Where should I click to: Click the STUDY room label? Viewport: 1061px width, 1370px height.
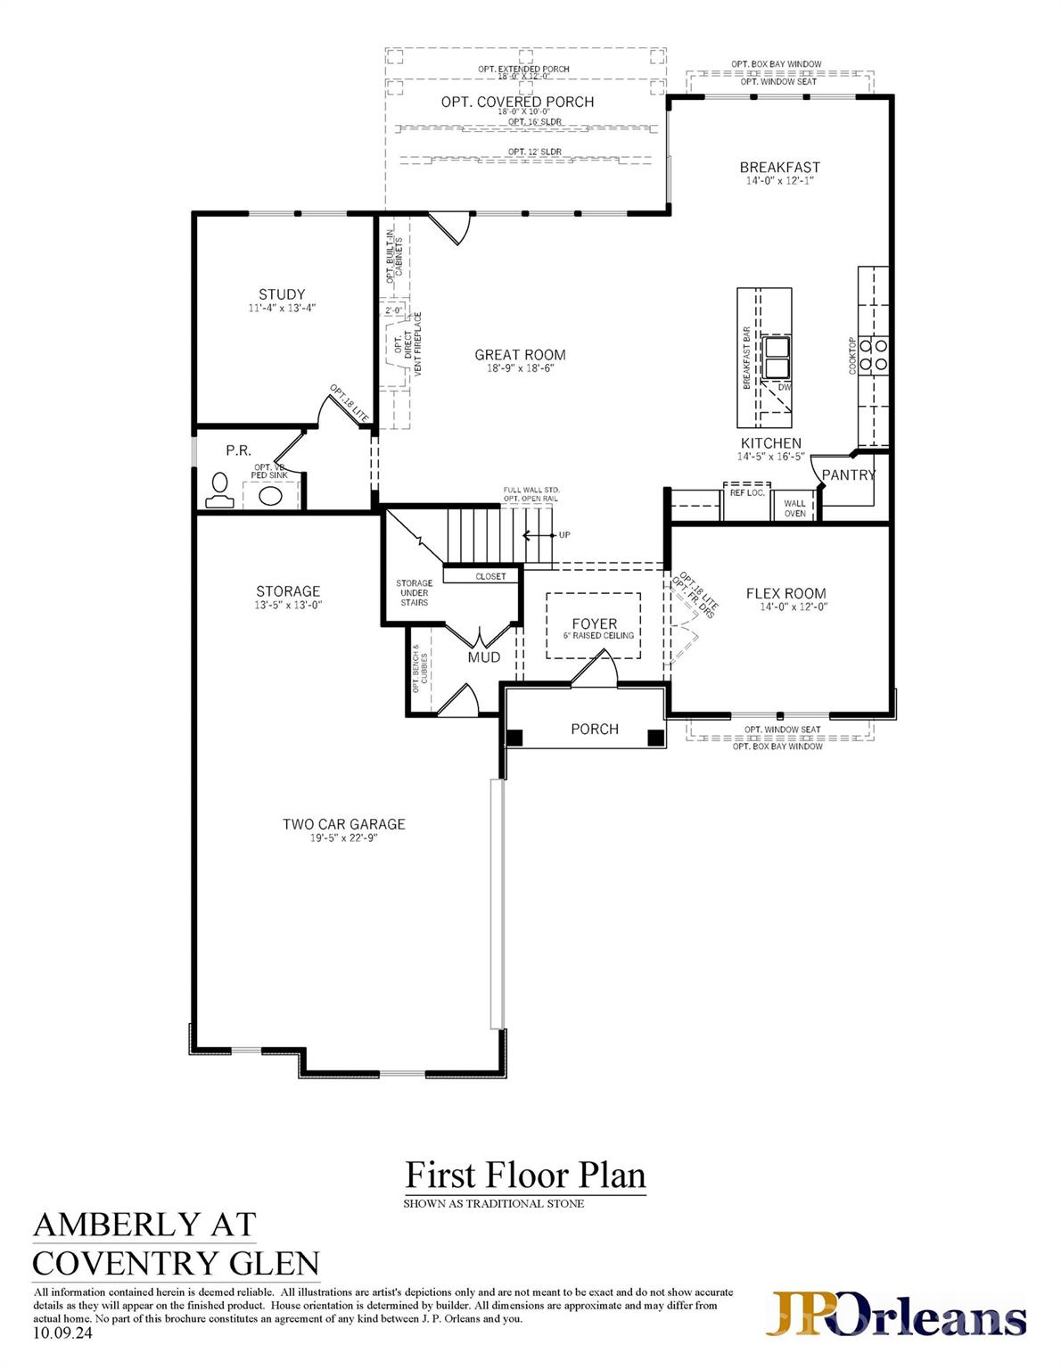[x=282, y=294]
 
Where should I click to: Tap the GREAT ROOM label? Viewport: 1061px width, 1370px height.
[x=520, y=355]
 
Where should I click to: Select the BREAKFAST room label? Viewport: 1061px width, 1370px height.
[x=779, y=167]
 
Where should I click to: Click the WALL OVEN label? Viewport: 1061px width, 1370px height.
[x=794, y=508]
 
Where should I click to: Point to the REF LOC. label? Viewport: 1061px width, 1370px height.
[x=747, y=492]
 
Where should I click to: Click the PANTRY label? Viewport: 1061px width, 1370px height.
[x=848, y=475]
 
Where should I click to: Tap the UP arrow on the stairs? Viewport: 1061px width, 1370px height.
[x=540, y=535]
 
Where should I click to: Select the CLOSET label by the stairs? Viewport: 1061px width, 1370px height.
[x=489, y=576]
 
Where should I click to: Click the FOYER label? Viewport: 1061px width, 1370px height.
[x=594, y=624]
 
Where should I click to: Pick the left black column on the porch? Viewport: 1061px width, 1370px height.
[x=514, y=738]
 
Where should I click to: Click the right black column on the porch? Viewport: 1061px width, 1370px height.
[x=655, y=738]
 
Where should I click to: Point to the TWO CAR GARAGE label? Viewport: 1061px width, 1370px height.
[x=343, y=824]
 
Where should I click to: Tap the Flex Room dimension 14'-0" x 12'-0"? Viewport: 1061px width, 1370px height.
[x=785, y=607]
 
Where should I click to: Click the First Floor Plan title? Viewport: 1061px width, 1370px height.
[x=525, y=1176]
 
